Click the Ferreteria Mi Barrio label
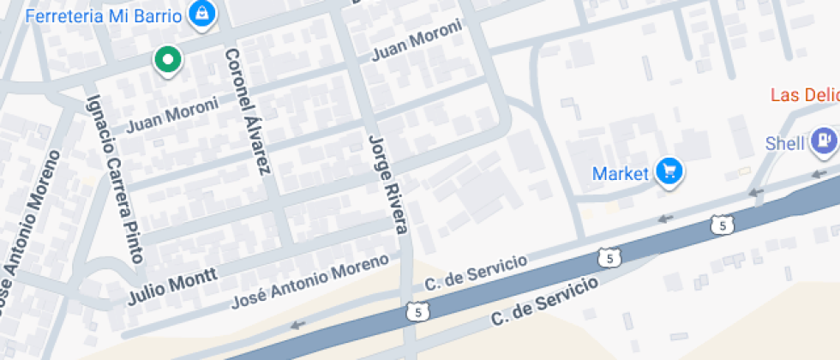104,16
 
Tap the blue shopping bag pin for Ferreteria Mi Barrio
202,13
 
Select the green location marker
168,60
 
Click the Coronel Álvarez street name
247,111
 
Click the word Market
620,174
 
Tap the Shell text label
786,142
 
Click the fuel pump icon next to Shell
825,140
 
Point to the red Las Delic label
804,95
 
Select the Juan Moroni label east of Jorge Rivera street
416,41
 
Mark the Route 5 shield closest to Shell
723,225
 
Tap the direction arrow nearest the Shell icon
754,193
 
